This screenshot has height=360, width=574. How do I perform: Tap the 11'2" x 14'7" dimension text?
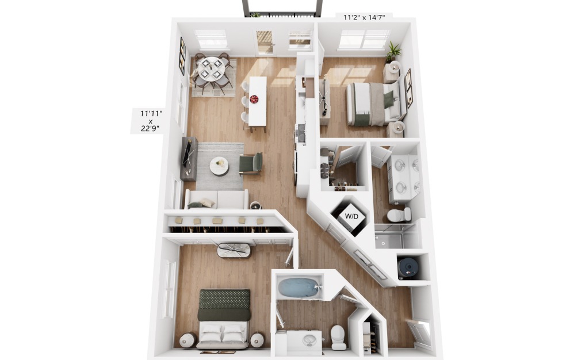tap(365, 17)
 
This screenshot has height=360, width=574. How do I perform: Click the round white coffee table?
tap(219, 166)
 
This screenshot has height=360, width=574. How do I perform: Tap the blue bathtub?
tap(299, 287)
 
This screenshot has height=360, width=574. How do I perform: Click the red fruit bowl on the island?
tap(254, 99)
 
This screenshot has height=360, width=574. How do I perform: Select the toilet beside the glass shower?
tap(398, 215)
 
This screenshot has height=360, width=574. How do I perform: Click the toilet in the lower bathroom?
tap(339, 337)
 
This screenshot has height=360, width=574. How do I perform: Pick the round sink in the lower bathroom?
tap(310, 339)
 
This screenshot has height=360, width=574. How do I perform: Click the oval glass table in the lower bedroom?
tap(234, 250)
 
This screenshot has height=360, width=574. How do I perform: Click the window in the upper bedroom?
tap(363, 39)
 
